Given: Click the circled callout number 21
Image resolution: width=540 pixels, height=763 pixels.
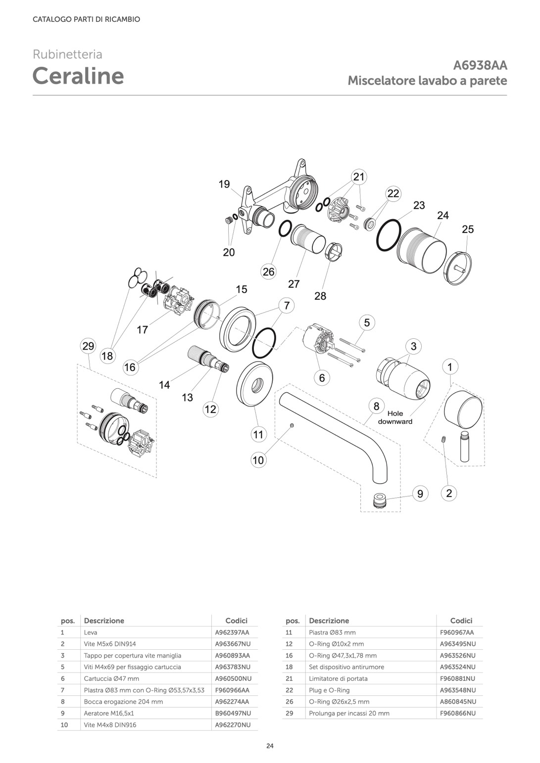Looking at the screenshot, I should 358,177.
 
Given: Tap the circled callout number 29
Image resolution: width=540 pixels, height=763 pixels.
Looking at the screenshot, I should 88,346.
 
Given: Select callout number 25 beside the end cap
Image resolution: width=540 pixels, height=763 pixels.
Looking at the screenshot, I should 468,229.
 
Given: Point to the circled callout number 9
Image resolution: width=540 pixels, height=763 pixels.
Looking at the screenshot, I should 420,494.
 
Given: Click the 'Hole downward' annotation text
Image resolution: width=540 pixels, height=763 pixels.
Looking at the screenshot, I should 395,417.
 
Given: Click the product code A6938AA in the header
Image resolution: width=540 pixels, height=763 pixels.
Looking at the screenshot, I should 480,65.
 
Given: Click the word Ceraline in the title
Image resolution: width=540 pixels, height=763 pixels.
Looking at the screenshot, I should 78,76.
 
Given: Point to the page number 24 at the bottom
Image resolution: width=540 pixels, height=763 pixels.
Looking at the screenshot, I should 270,746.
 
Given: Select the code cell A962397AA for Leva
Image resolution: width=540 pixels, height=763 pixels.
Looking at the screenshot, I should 232,632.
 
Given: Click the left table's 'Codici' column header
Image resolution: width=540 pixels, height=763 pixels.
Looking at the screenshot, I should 236,621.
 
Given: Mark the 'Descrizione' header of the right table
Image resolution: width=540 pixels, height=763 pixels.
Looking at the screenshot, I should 329,621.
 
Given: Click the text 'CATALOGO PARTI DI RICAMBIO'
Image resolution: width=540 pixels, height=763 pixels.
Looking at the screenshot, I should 86,19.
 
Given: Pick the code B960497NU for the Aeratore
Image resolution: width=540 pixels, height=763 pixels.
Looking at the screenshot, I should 233,713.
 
